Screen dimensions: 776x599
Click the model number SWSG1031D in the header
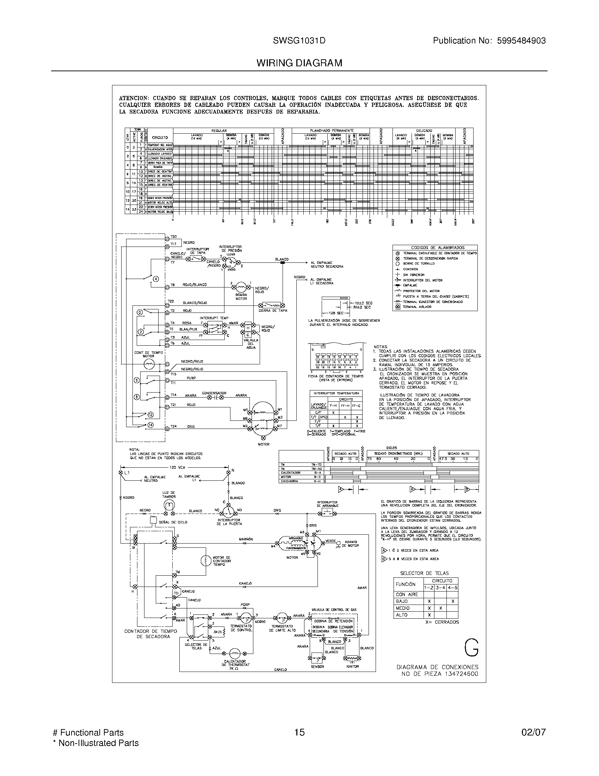(x=299, y=41)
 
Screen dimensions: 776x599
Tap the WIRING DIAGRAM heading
(x=299, y=63)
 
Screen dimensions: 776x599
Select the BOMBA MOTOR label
(x=241, y=297)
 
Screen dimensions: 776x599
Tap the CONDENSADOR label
(x=214, y=393)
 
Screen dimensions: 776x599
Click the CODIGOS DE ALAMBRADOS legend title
(x=435, y=248)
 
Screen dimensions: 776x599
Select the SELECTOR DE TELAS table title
(x=424, y=573)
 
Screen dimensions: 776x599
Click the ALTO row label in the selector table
(x=402, y=615)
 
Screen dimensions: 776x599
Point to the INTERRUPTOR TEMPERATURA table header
(x=336, y=393)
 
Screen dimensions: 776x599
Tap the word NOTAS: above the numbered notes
(x=381, y=347)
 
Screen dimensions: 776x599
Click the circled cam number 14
(x=150, y=425)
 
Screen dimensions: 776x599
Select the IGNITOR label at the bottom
(x=352, y=667)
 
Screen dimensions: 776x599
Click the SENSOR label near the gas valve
(x=317, y=667)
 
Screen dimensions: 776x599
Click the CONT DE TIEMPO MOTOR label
(x=148, y=354)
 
